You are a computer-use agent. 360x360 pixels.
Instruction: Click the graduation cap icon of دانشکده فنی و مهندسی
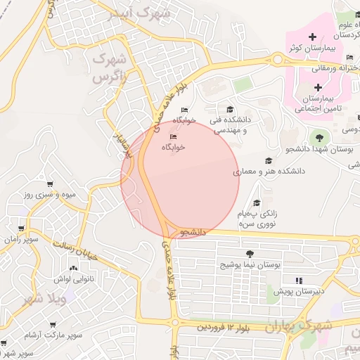230,108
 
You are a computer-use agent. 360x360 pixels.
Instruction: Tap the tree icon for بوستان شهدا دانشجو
320,137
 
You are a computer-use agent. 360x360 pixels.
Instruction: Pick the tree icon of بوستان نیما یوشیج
249,254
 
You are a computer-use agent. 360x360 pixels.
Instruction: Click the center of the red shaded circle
180,180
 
